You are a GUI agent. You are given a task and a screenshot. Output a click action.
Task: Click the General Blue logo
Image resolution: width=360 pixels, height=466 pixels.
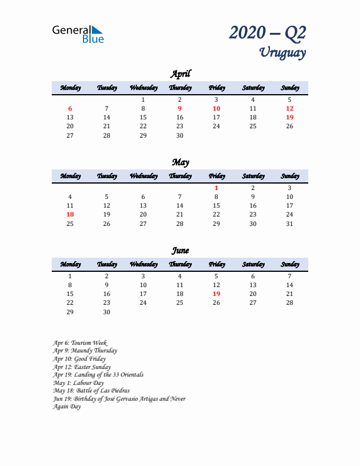(x=78, y=34)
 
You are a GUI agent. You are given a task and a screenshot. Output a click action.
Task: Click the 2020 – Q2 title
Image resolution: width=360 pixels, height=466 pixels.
(x=267, y=32)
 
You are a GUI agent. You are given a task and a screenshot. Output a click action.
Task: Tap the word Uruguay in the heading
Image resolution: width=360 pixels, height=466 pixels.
(x=282, y=52)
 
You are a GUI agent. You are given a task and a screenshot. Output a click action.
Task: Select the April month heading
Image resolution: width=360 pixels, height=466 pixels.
(x=180, y=74)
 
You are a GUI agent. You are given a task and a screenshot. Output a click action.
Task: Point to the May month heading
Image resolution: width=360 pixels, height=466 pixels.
(x=180, y=162)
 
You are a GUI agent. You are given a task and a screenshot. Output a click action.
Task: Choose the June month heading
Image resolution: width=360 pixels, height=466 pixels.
(x=180, y=251)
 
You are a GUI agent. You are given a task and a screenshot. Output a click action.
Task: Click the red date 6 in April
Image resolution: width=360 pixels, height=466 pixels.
(x=70, y=108)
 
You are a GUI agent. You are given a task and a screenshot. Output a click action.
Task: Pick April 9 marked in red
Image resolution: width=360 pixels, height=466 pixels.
(x=180, y=108)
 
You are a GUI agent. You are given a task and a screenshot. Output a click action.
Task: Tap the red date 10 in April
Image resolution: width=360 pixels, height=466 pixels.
(x=216, y=108)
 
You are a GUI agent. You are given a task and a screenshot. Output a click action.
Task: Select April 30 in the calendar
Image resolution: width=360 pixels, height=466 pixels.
(x=180, y=135)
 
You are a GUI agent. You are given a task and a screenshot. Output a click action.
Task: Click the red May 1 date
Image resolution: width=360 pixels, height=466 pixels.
(x=216, y=188)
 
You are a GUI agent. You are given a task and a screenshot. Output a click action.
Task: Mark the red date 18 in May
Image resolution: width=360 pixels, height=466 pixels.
(x=70, y=215)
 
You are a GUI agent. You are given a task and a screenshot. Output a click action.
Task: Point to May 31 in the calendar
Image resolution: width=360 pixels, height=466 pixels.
(x=289, y=224)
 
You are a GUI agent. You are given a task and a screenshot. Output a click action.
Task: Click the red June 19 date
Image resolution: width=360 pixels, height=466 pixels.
(x=216, y=294)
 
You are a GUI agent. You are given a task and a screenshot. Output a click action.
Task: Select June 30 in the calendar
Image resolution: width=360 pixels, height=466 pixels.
(x=106, y=312)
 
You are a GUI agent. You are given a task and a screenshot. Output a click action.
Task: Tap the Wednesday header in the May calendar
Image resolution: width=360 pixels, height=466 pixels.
(x=143, y=176)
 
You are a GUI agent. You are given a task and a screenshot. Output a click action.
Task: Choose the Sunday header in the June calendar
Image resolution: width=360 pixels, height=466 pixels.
(x=289, y=264)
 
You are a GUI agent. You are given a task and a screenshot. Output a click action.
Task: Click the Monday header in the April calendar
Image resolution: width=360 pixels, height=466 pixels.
(x=70, y=88)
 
